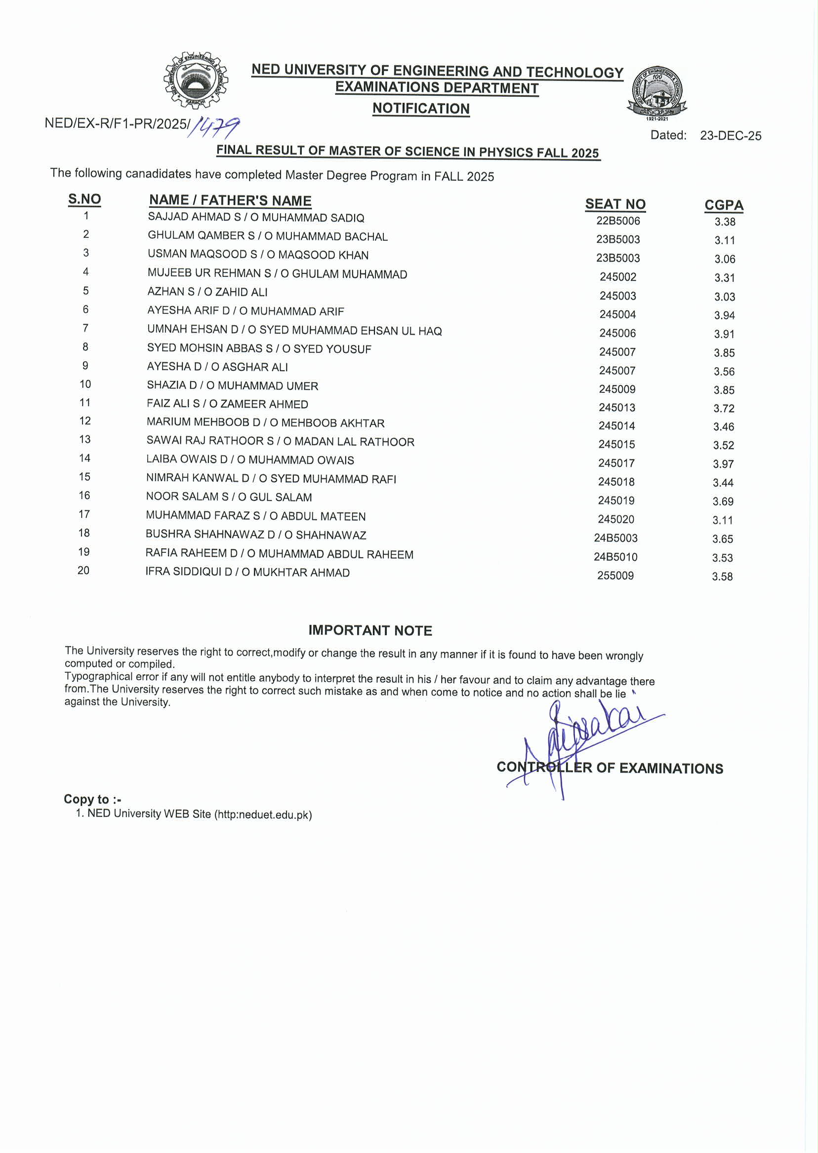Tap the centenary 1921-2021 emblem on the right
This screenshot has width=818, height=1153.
(x=657, y=92)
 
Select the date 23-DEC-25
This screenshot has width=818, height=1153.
(x=731, y=136)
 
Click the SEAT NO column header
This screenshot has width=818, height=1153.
(x=615, y=204)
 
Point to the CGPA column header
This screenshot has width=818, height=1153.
(x=724, y=205)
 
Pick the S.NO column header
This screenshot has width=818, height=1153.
(x=84, y=199)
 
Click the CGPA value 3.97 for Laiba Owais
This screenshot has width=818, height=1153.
(x=723, y=464)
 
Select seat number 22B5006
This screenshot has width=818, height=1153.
(x=618, y=221)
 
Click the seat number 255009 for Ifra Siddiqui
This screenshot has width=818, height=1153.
(x=615, y=576)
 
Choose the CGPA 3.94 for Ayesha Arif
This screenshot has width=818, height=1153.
(x=724, y=315)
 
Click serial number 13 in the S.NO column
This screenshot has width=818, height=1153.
(x=84, y=440)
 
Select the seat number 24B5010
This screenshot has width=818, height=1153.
(x=615, y=557)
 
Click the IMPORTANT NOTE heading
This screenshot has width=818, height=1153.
(x=370, y=631)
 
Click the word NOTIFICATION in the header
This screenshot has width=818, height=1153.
(x=421, y=109)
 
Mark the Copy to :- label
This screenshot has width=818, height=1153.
(x=92, y=799)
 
